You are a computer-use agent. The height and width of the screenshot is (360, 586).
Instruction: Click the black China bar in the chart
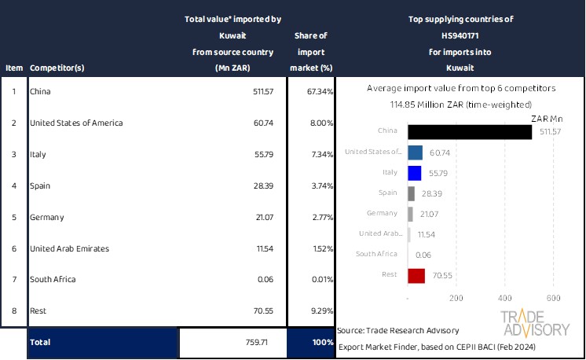(470, 131)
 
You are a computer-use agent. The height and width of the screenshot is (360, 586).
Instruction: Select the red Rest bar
(416, 275)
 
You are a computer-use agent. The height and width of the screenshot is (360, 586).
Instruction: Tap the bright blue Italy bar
(415, 173)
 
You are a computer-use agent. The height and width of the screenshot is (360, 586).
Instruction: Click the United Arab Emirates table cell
(69, 248)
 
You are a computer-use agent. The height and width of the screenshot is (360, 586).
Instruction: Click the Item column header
(13, 68)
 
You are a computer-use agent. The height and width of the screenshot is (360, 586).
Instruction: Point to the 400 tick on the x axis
(504, 299)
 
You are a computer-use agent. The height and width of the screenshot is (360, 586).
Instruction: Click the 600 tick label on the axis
(552, 299)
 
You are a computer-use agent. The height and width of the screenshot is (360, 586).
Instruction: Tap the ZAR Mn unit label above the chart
(547, 119)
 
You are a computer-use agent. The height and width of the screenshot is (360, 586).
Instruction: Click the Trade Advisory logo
(535, 323)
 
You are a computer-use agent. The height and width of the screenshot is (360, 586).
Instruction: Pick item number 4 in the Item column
(13, 186)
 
